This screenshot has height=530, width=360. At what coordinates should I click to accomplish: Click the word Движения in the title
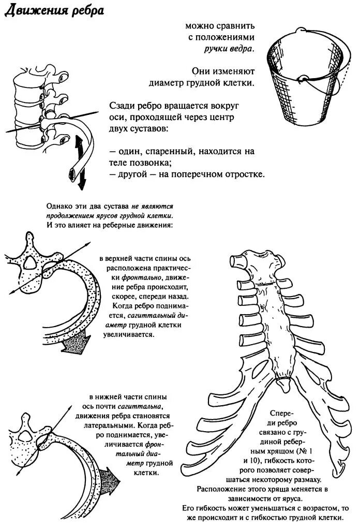pyautogui.click(x=37, y=11)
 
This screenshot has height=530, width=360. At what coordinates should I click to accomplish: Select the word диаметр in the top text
pyautogui.click(x=171, y=83)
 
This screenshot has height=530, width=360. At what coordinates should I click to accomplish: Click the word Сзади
pyautogui.click(x=123, y=106)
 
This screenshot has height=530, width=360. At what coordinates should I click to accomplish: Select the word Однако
pyautogui.click(x=58, y=205)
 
